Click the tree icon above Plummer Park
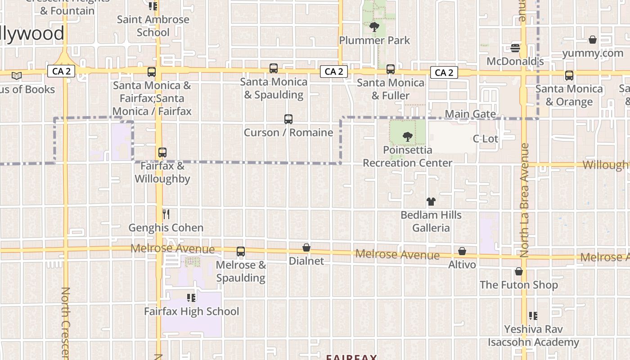pyautogui.click(x=374, y=27)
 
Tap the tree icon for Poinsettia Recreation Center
pyautogui.click(x=407, y=136)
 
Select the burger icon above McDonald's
pyautogui.click(x=515, y=48)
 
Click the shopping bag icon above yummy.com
pyautogui.click(x=593, y=40)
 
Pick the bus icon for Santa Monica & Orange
pyautogui.click(x=569, y=76)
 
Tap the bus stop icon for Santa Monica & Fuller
pyautogui.click(x=391, y=69)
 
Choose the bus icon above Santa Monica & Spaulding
pyautogui.click(x=274, y=68)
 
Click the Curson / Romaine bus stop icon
pyautogui.click(x=288, y=119)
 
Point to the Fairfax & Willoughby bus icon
pyautogui.click(x=162, y=153)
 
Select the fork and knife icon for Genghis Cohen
pyautogui.click(x=166, y=214)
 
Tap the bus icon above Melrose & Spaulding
pyautogui.click(x=241, y=252)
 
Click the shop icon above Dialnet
pyautogui.click(x=306, y=247)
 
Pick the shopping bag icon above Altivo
pyautogui.click(x=462, y=251)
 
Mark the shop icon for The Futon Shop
pyautogui.click(x=519, y=271)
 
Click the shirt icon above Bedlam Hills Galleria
pyautogui.click(x=431, y=202)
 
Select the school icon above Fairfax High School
pyautogui.click(x=191, y=297)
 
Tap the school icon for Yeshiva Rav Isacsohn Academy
pyautogui.click(x=533, y=315)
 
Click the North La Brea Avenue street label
pyautogui.click(x=524, y=200)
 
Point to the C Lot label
pyautogui.click(x=486, y=139)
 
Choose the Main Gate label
pyautogui.click(x=470, y=114)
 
